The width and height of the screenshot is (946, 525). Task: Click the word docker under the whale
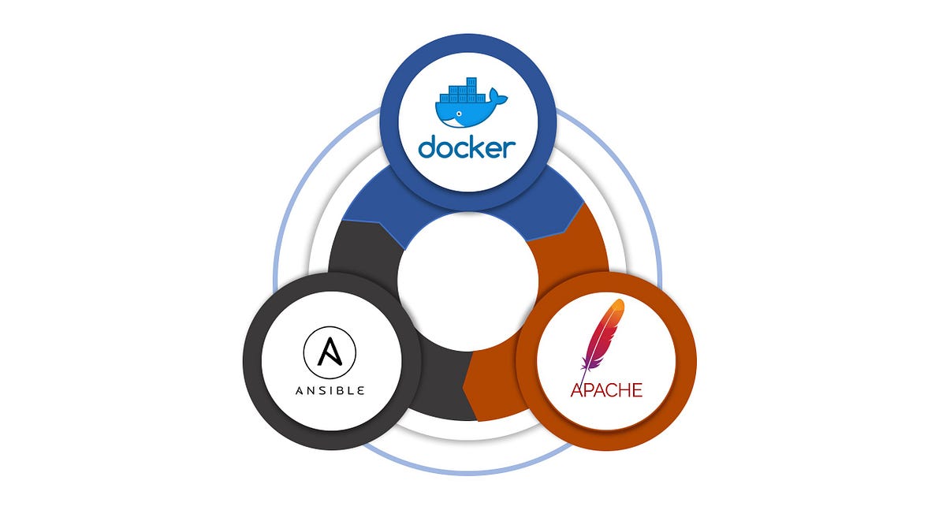[x=467, y=147]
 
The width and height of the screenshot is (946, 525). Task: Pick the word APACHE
[x=605, y=389]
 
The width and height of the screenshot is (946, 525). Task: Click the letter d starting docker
[x=427, y=147]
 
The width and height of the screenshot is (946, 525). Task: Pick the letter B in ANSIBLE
[x=347, y=389]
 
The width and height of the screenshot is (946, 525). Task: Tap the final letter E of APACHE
[x=635, y=389]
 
